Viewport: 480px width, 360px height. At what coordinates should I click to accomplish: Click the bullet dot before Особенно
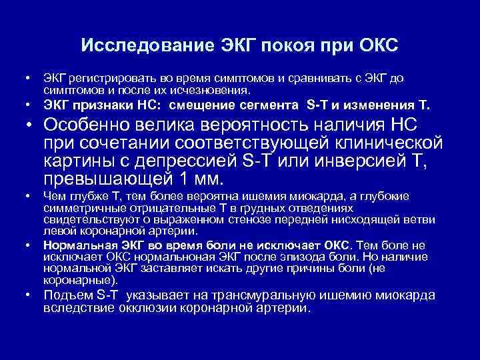(31, 126)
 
